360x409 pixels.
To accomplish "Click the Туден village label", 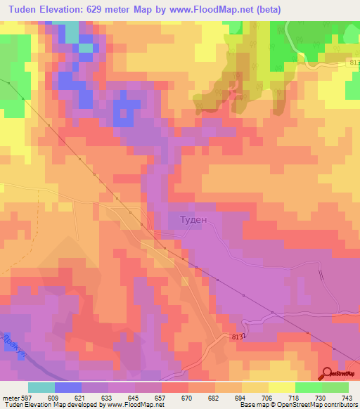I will point(188,219).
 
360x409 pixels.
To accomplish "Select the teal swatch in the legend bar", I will point(41,387).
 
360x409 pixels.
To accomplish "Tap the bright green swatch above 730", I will point(309,387).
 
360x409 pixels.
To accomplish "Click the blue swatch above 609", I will point(68,387).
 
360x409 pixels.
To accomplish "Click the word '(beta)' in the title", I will point(265,9).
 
